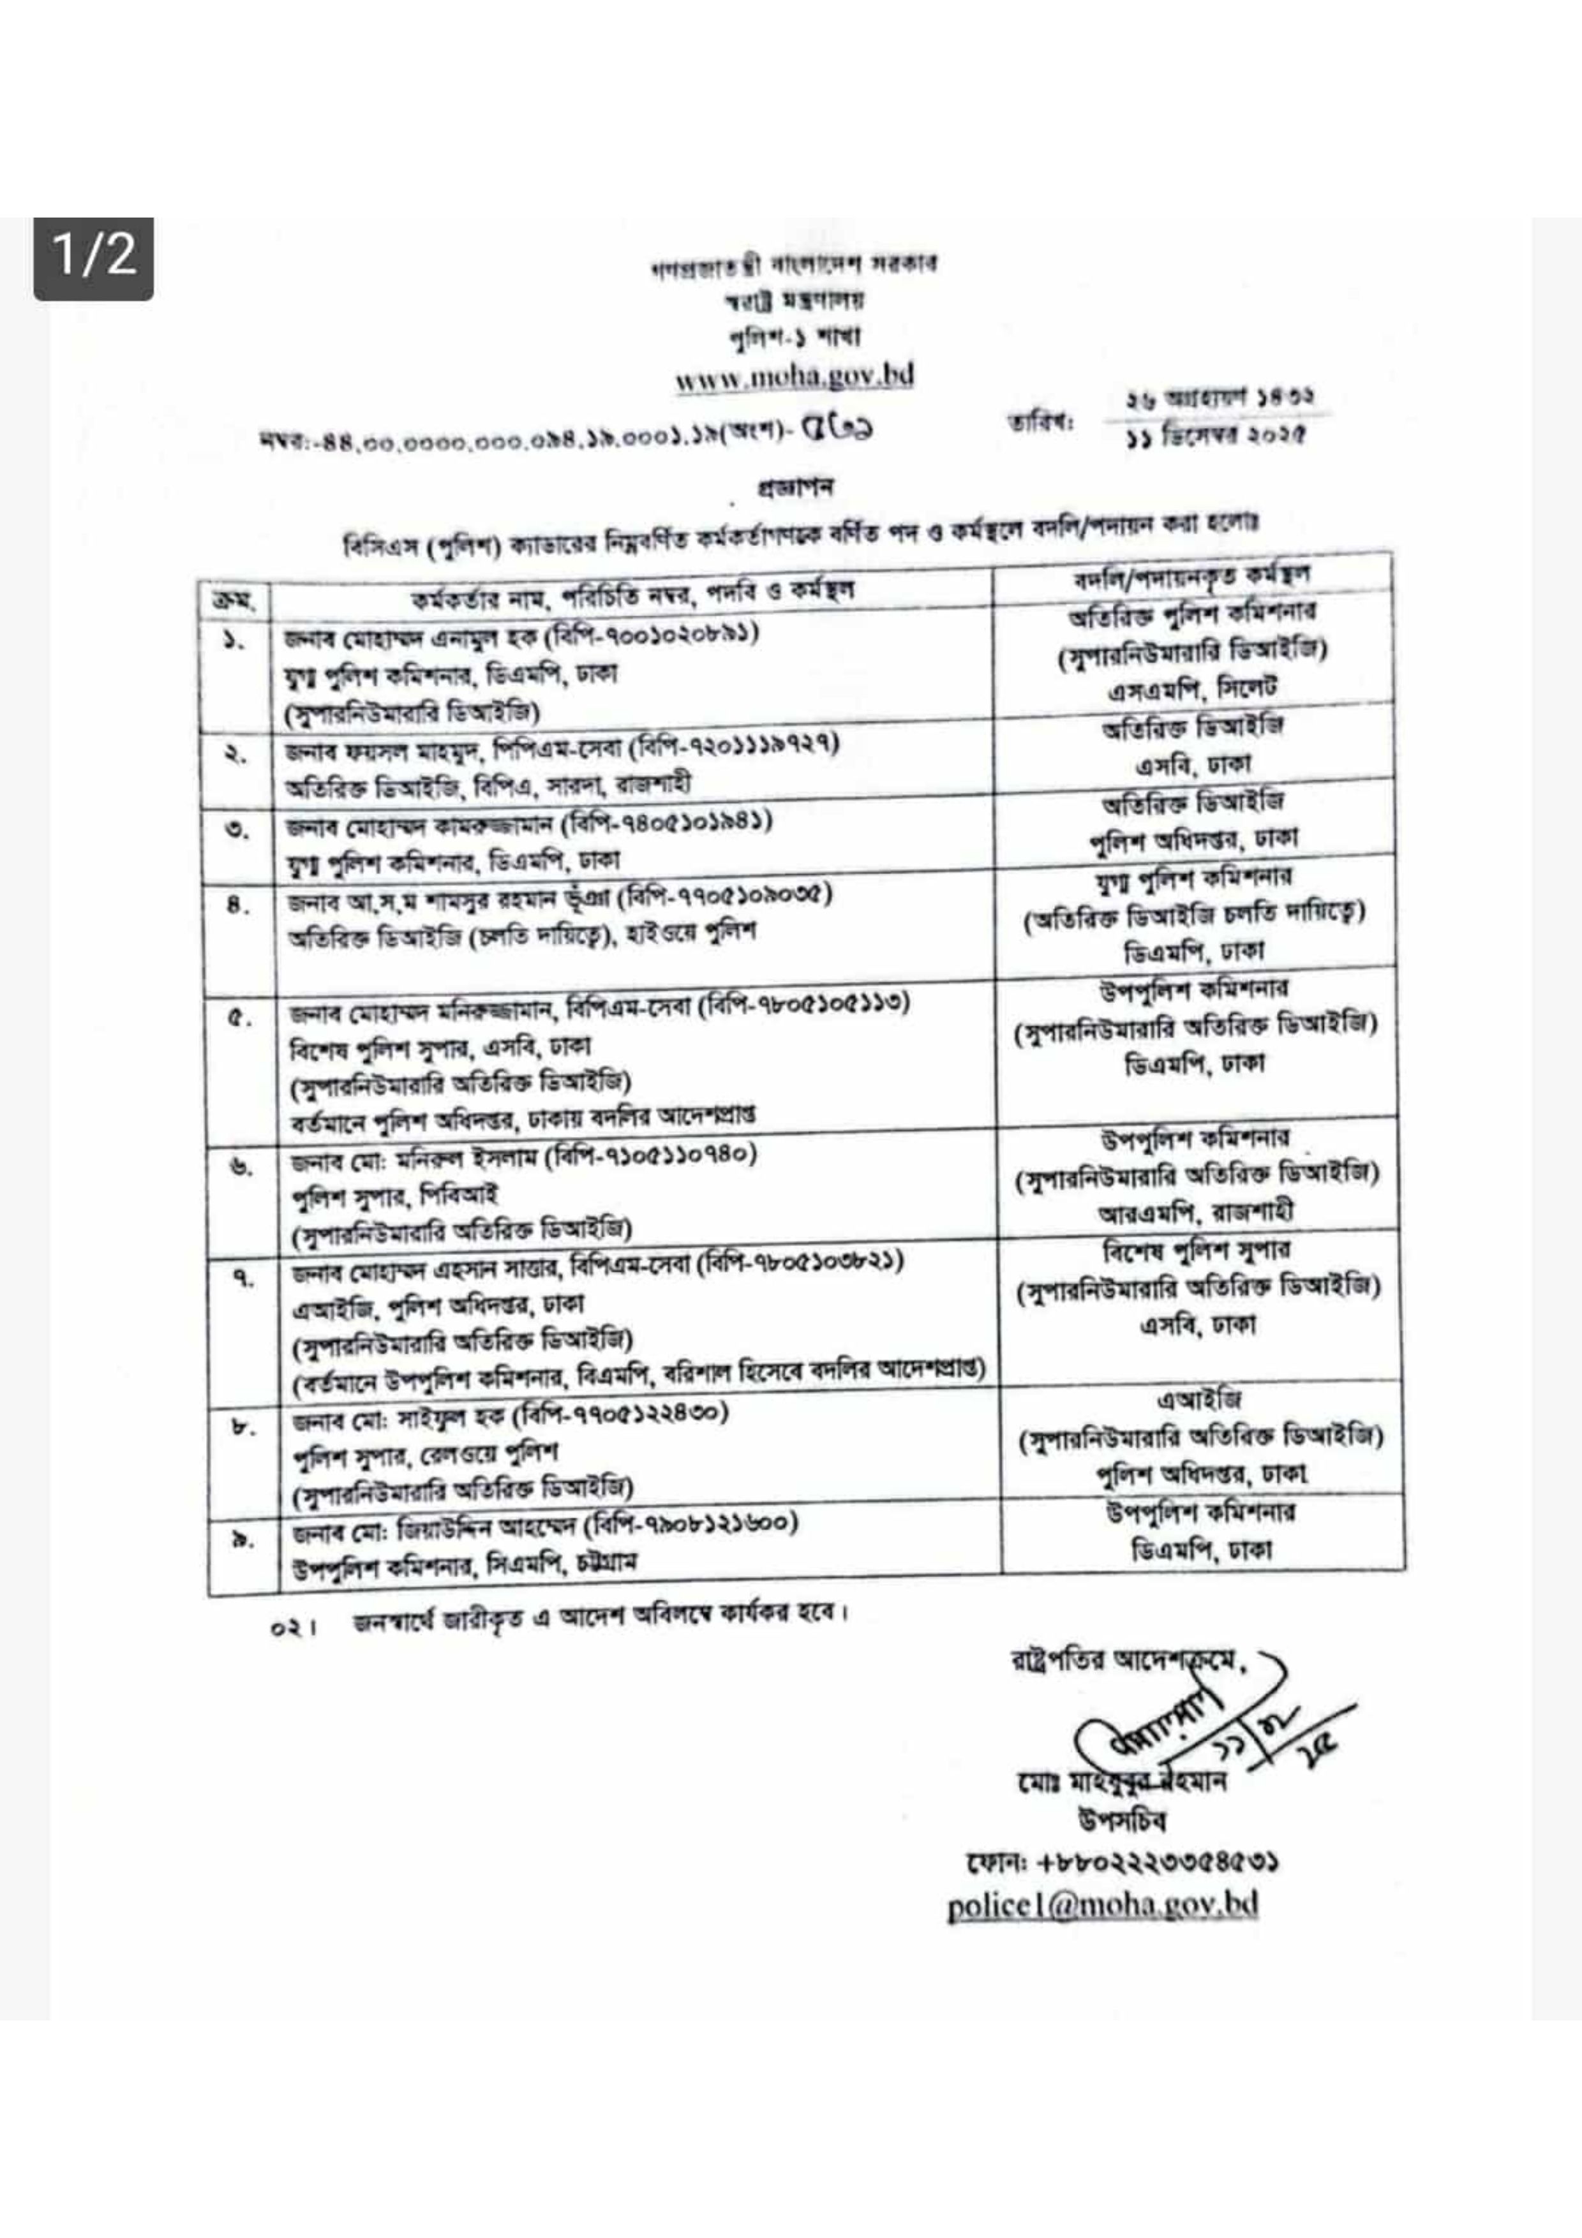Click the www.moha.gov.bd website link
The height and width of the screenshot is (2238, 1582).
coord(795,376)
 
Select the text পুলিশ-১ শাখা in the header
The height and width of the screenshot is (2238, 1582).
coord(795,336)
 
